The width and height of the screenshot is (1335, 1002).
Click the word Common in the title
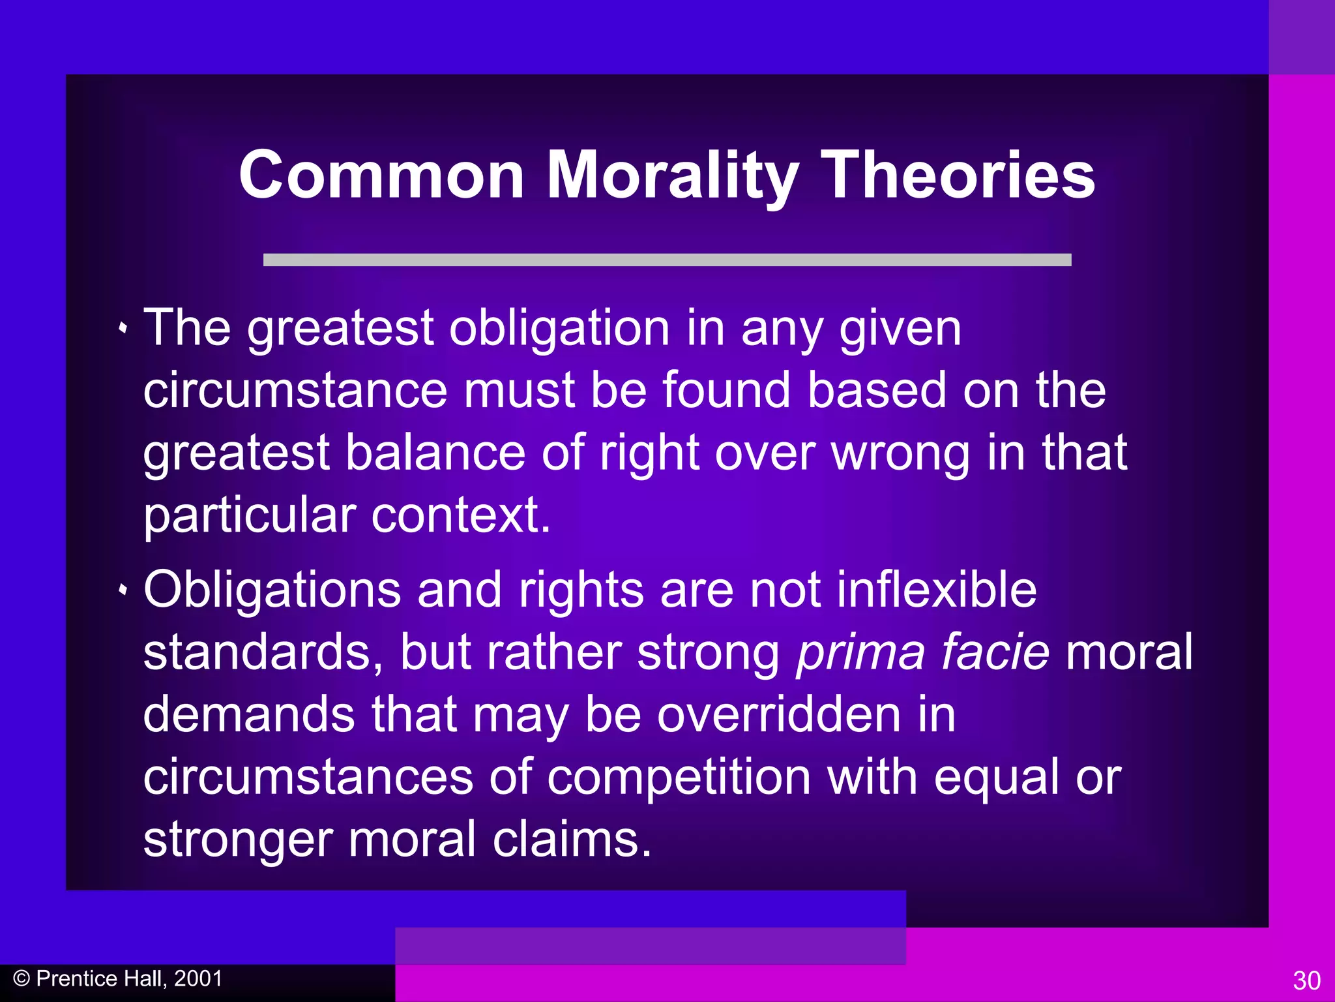coord(381,175)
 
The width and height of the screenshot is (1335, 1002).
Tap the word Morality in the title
coord(672,175)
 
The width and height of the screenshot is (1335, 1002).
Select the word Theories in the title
coord(958,175)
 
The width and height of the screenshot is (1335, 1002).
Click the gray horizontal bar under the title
coord(667,260)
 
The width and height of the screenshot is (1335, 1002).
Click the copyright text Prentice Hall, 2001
coord(129,979)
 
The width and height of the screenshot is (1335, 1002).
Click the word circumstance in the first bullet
coord(295,390)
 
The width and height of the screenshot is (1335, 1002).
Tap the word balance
coord(435,453)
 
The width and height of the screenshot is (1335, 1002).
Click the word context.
coord(461,515)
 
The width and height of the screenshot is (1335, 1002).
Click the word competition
coord(679,777)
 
